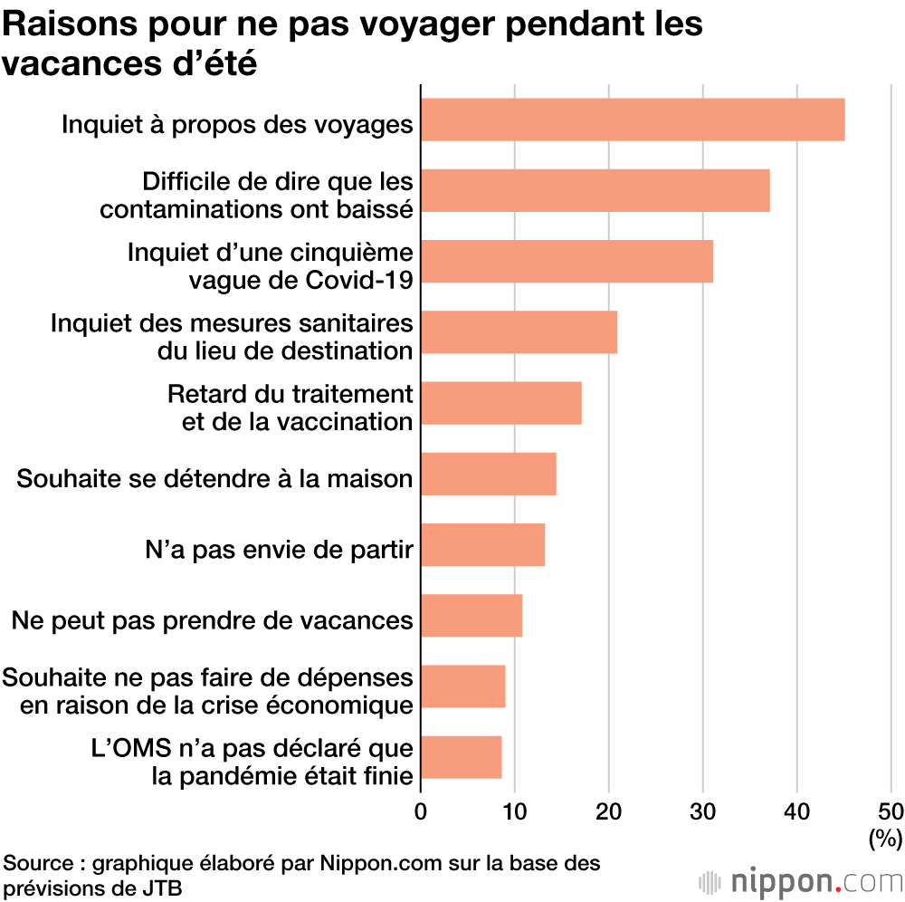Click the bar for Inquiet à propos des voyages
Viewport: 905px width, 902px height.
click(633, 120)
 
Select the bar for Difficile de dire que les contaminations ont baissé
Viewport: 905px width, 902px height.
click(595, 190)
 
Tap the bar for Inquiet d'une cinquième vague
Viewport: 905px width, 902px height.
click(567, 261)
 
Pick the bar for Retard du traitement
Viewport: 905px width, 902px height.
click(500, 403)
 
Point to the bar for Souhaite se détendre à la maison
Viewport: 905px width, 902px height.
click(488, 474)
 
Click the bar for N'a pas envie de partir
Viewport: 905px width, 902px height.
click(482, 544)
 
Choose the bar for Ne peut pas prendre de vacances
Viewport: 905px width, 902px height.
click(472, 615)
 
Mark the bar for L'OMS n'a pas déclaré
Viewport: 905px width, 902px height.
click(461, 757)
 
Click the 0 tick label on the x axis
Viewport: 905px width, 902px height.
click(421, 811)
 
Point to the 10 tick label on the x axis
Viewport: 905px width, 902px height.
click(515, 811)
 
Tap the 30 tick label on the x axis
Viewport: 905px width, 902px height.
click(703, 811)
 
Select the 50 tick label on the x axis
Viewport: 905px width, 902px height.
click(891, 811)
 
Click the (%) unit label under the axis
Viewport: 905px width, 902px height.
click(884, 839)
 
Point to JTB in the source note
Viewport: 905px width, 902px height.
click(163, 888)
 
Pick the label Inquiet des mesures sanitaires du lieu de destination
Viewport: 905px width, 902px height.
click(233, 337)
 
